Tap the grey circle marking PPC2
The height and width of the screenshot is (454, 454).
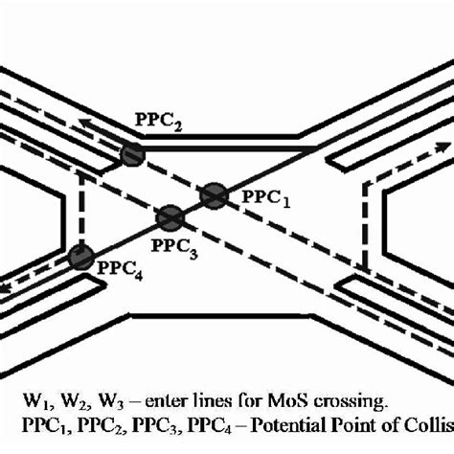[x=131, y=153]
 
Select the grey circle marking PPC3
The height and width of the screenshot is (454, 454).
[x=170, y=218]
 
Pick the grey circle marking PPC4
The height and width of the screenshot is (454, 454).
[x=81, y=257]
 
